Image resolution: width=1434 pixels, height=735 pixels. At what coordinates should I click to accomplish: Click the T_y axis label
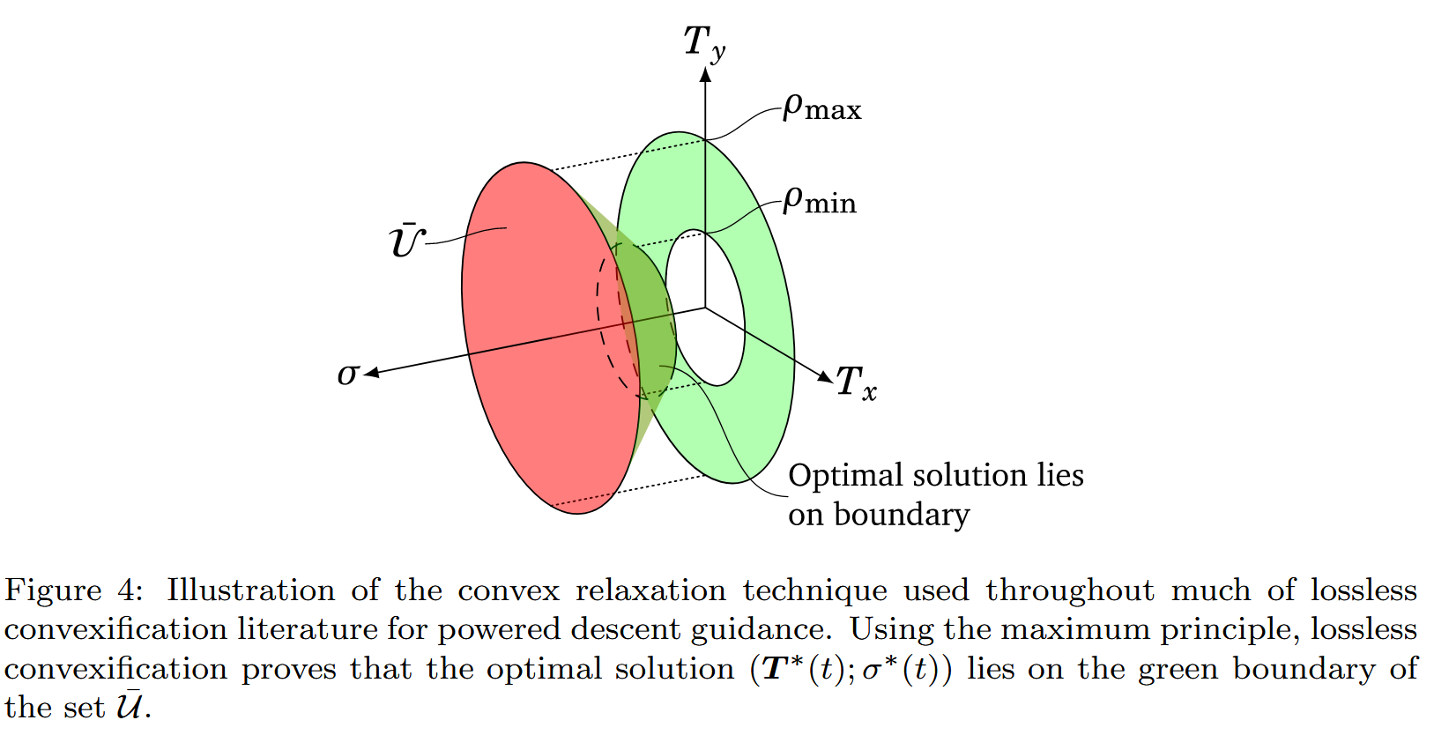[x=703, y=42]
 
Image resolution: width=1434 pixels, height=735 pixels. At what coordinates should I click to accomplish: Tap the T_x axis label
[x=856, y=383]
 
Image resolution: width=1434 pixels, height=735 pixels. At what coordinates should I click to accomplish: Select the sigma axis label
[x=347, y=375]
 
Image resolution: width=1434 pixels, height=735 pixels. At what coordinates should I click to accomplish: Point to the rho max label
[x=821, y=108]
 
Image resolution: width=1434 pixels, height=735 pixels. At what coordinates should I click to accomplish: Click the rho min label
[x=819, y=201]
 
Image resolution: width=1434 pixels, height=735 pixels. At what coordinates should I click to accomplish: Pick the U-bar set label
[x=406, y=241]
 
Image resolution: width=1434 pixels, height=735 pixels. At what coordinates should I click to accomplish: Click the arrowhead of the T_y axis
[x=705, y=74]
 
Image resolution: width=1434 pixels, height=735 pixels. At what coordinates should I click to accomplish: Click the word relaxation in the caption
[x=650, y=590]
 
